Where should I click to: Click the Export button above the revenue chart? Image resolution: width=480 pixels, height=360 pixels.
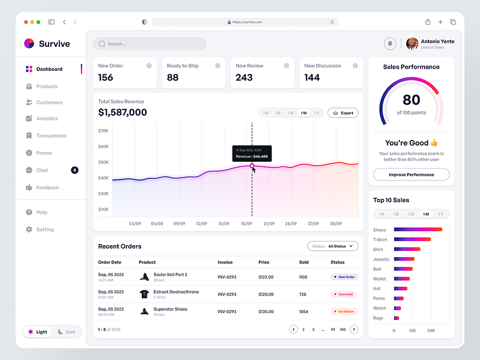click(343, 113)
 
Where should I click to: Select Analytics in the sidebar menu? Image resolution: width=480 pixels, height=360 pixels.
click(47, 118)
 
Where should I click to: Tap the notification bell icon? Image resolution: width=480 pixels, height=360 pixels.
click(390, 43)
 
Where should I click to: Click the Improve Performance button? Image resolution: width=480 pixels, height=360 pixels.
click(411, 174)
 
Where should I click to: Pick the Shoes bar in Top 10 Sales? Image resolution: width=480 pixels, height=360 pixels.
click(418, 230)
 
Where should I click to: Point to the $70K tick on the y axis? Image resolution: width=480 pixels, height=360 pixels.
click(103, 131)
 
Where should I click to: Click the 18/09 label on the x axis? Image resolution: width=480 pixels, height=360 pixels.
click(246, 224)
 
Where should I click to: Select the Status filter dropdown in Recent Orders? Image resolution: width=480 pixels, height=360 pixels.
click(333, 246)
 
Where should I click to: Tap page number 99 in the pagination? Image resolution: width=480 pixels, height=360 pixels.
click(333, 330)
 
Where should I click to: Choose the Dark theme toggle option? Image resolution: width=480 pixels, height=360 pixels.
click(67, 332)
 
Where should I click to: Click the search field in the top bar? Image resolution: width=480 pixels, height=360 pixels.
click(150, 43)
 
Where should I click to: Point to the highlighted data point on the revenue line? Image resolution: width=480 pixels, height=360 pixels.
click(251, 166)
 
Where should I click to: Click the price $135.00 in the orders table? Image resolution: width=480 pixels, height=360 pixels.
click(266, 312)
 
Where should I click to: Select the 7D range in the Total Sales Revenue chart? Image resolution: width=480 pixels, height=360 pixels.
click(290, 113)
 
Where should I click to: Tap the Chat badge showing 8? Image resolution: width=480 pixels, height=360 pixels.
click(74, 170)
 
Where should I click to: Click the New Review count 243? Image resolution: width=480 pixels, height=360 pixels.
click(244, 78)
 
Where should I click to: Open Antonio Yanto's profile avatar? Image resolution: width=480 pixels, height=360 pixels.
click(412, 43)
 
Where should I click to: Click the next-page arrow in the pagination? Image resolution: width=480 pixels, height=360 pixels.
click(354, 329)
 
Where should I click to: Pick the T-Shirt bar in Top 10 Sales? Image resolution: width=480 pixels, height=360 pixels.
click(412, 239)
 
